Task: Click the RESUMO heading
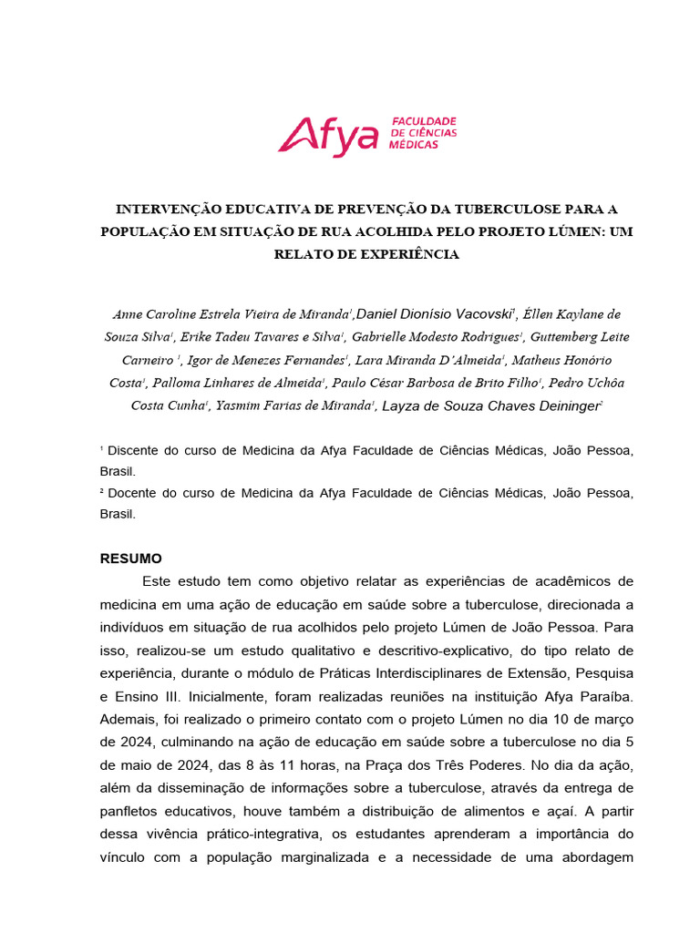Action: click(131, 559)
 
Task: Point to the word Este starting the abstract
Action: click(157, 581)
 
